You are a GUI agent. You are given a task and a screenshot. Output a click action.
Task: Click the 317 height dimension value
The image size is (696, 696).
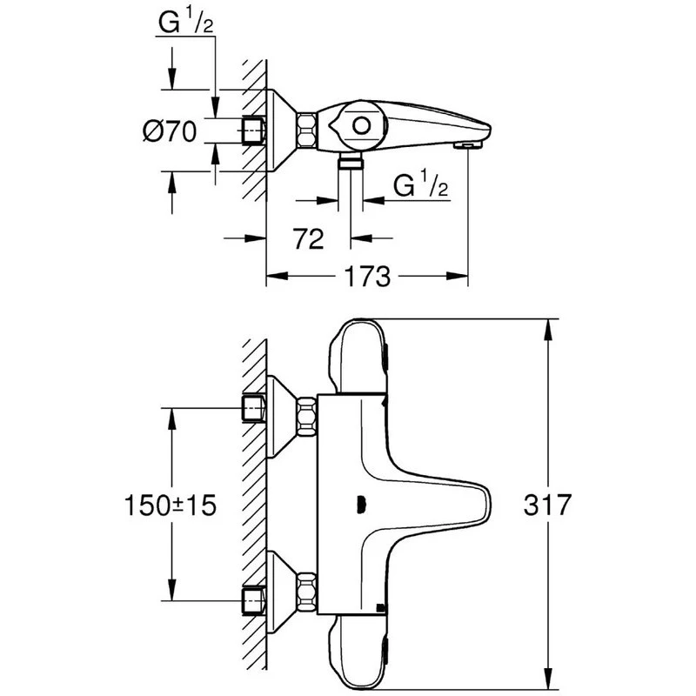(x=549, y=505)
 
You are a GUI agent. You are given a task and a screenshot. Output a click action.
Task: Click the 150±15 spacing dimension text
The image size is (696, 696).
(x=171, y=505)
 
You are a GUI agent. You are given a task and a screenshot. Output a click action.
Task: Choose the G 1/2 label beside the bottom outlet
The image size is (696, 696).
(x=421, y=185)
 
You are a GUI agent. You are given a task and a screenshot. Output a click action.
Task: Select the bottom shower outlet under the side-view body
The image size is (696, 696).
(x=351, y=163)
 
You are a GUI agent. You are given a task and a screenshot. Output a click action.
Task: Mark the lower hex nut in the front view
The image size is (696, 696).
(x=305, y=590)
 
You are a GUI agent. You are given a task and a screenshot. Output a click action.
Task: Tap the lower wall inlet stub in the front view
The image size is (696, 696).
(x=253, y=599)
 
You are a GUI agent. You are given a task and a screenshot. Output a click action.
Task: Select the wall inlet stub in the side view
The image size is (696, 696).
(x=253, y=130)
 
